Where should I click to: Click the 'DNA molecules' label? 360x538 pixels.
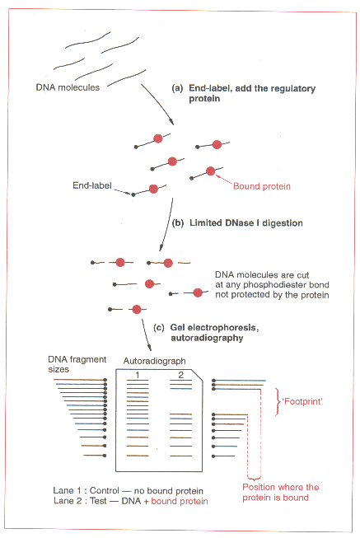coord(68,87)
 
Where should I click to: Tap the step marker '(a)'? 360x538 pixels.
coord(177,88)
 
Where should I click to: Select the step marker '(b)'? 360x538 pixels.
coord(178,223)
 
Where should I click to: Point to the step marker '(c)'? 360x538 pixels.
coord(158,328)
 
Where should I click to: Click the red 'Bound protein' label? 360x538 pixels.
coord(262,186)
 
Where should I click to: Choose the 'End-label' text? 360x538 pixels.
coord(92,185)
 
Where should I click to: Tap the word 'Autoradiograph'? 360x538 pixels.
coord(154,361)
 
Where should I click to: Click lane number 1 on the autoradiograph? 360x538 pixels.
coord(138,375)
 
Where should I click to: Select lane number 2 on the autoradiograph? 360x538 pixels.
coord(181,375)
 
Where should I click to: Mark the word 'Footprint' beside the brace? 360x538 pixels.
coord(302,401)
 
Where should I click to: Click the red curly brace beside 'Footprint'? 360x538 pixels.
coord(277,402)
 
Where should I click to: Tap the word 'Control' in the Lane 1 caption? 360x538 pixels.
coord(105,491)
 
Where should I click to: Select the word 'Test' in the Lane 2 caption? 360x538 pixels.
coord(98,501)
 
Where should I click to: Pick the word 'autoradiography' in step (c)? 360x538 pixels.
coord(207,338)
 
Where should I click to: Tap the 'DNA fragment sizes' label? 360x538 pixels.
coord(77,364)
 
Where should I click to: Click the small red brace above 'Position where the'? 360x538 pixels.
coord(254,477)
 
